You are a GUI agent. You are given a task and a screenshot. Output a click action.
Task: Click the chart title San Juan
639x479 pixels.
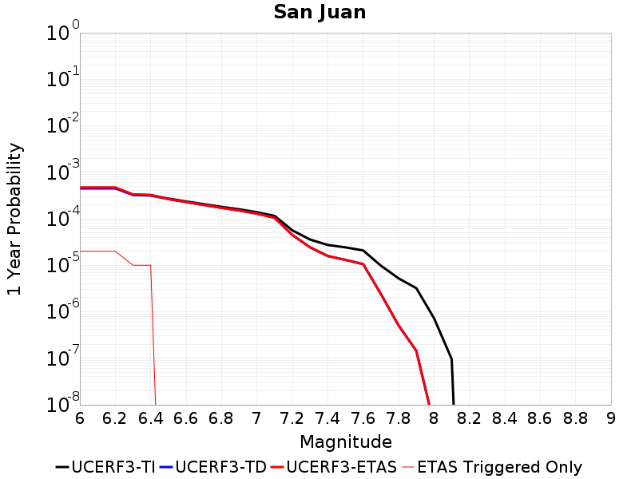click(x=319, y=12)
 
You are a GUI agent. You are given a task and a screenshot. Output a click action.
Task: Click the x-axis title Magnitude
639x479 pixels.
click(x=345, y=441)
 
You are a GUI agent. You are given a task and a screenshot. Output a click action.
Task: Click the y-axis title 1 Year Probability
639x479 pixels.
click(x=14, y=220)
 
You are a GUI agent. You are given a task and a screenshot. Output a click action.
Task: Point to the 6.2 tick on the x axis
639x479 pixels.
click(x=115, y=418)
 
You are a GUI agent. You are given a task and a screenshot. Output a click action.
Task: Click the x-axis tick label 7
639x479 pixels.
click(x=257, y=418)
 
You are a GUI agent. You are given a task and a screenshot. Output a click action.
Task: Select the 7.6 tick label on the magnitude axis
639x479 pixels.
click(x=363, y=418)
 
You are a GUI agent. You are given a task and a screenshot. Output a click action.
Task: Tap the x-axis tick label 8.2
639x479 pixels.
click(x=470, y=418)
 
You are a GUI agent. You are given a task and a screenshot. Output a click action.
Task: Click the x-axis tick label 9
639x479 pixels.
click(x=611, y=418)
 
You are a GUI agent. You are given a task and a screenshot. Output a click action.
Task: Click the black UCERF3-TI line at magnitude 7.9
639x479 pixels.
click(x=416, y=288)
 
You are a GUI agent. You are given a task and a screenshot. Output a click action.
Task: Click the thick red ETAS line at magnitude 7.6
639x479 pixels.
click(x=363, y=264)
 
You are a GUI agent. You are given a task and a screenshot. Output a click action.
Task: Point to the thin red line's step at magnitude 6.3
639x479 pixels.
click(x=133, y=265)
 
